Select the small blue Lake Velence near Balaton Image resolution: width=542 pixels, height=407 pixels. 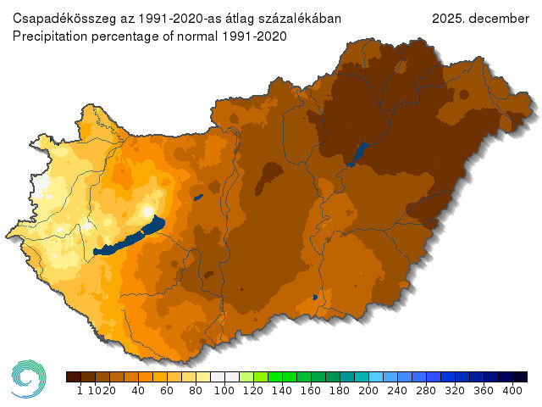click(x=197, y=198)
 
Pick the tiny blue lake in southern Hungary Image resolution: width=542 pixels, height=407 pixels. click(x=315, y=297)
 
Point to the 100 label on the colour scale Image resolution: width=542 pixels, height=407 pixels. click(x=224, y=391)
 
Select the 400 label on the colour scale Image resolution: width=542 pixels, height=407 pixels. click(x=513, y=391)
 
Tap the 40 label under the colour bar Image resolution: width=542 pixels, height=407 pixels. click(x=138, y=391)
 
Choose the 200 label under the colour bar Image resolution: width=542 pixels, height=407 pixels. click(x=368, y=391)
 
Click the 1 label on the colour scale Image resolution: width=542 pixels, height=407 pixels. click(x=80, y=391)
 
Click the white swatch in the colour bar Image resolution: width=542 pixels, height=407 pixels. click(x=224, y=376)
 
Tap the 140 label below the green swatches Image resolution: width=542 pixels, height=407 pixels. click(x=282, y=391)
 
